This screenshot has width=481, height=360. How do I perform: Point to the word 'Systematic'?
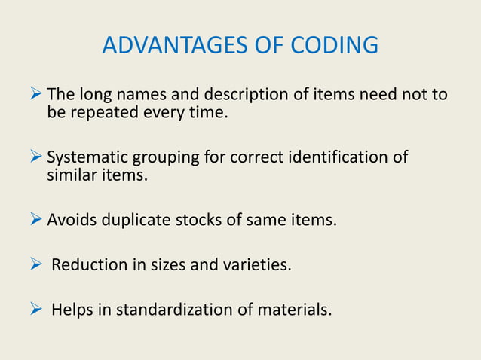point(87,158)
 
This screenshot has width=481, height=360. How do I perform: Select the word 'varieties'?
point(259,264)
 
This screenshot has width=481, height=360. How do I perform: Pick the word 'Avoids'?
point(72,221)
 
